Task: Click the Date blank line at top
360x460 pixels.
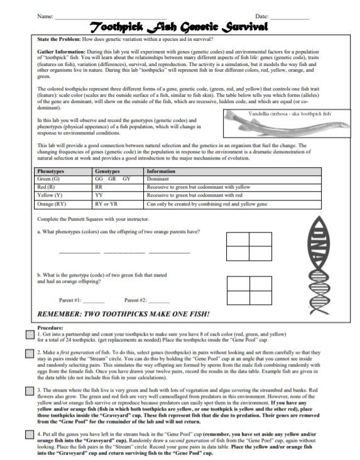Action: pyautogui.click(x=290, y=16)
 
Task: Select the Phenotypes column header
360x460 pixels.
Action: pyautogui.click(x=50, y=171)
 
